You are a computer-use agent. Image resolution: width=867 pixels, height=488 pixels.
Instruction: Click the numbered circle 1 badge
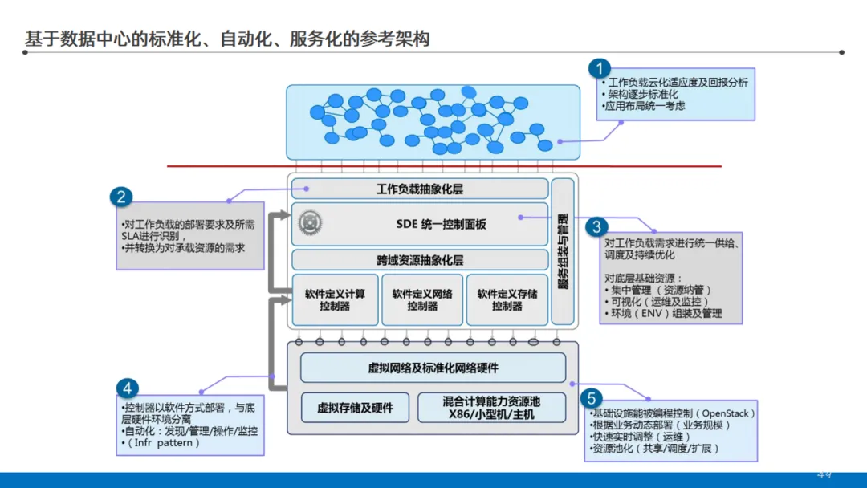pos(599,68)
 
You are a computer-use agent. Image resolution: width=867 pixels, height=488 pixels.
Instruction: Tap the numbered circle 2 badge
pos(121,197)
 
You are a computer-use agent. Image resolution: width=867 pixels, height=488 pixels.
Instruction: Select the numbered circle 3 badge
pos(596,227)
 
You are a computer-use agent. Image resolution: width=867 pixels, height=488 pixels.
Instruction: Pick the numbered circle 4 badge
pos(126,388)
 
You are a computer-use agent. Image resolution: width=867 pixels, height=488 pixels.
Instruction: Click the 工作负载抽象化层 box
pos(419,189)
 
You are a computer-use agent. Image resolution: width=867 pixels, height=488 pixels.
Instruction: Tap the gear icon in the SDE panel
pos(309,221)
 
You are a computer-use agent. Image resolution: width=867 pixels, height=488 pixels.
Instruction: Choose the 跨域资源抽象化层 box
pos(419,260)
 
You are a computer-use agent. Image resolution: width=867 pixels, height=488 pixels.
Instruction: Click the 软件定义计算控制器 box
pos(334,299)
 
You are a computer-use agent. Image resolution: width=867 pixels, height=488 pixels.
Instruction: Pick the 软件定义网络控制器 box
pos(421,299)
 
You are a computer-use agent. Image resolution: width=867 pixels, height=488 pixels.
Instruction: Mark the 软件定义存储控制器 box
pos(507,299)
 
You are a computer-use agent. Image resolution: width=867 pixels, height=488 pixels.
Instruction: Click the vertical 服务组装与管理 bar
pos(563,250)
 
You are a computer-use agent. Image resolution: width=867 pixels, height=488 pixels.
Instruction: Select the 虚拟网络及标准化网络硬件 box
pos(433,368)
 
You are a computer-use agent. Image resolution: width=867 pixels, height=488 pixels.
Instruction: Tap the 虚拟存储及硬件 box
pos(356,408)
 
